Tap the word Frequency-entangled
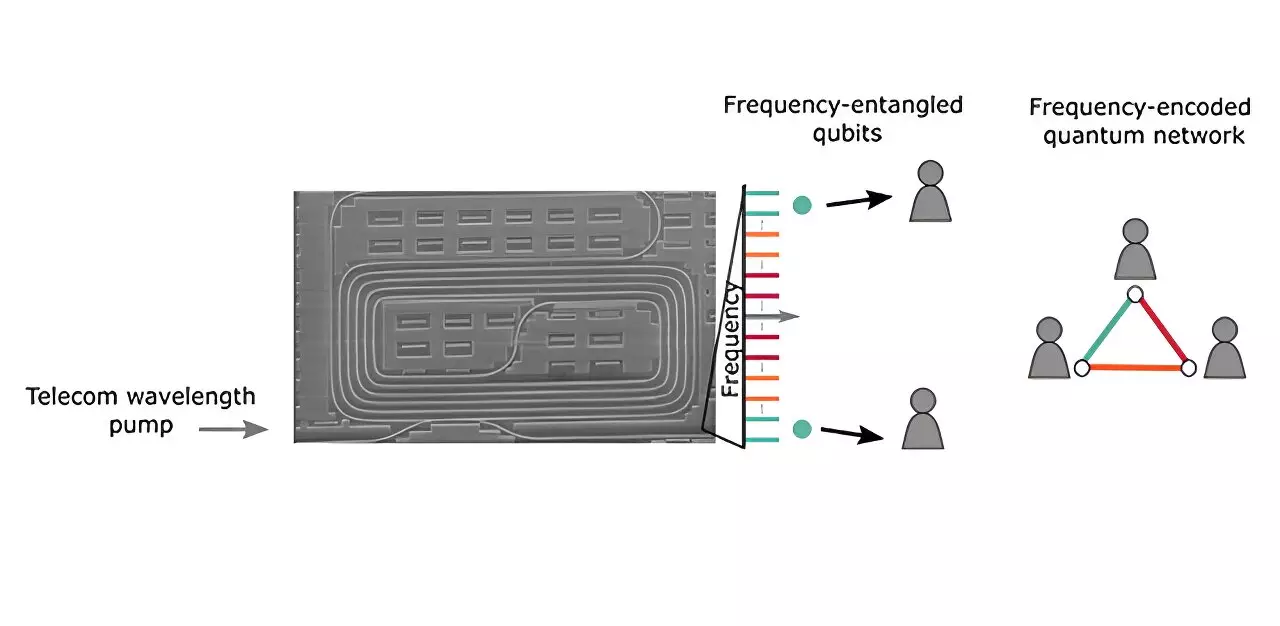tap(843, 105)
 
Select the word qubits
tap(843, 132)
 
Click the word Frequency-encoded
tap(1139, 108)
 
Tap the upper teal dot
tap(801, 205)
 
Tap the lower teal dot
tap(801, 429)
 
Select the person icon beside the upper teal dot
tap(930, 191)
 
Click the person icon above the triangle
tap(1135, 249)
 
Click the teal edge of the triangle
tap(1108, 331)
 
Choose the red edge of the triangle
tap(1162, 331)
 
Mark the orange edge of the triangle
tap(1135, 368)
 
